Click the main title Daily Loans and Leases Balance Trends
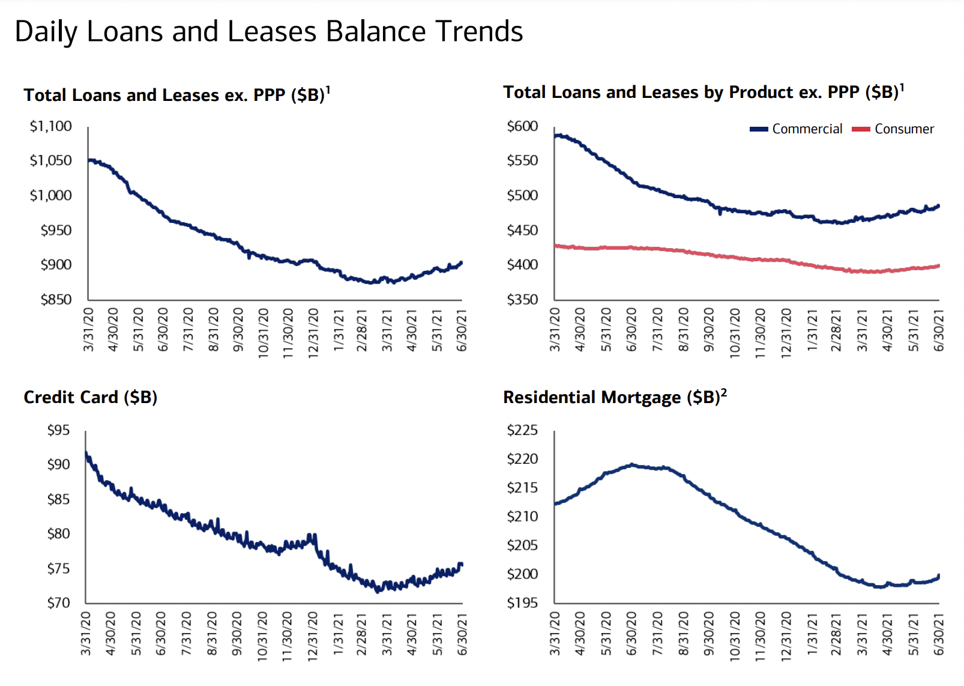pos(268,31)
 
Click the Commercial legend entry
pos(797,129)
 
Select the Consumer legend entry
pos(894,129)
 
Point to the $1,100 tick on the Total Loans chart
pos(51,126)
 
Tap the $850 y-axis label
pos(56,299)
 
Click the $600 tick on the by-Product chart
pos(522,126)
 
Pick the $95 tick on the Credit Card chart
pos(58,430)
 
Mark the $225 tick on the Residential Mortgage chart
pos(522,430)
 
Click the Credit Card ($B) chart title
pos(90,398)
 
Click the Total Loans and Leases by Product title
pos(703,93)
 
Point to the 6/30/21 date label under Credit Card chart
pos(462,635)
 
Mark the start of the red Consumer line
pos(556,245)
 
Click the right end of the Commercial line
pos(938,206)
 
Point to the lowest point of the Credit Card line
pos(377,591)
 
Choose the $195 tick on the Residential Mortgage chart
pos(522,603)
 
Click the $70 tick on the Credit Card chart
pos(58,603)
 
